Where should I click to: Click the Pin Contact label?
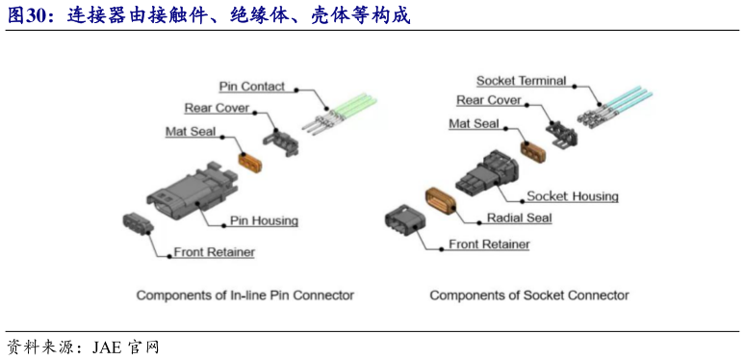click(x=251, y=87)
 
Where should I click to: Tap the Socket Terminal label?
click(x=521, y=81)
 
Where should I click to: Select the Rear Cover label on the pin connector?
click(x=217, y=108)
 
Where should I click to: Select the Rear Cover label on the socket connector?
click(x=488, y=100)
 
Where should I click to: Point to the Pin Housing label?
click(x=263, y=220)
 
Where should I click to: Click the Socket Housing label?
click(x=572, y=196)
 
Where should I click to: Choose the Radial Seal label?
click(x=519, y=219)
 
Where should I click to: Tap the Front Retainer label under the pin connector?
click(x=214, y=253)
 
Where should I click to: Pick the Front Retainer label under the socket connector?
click(x=489, y=244)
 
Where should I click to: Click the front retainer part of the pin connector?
click(x=135, y=224)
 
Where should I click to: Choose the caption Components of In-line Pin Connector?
click(x=244, y=296)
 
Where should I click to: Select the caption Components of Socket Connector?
click(x=528, y=296)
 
